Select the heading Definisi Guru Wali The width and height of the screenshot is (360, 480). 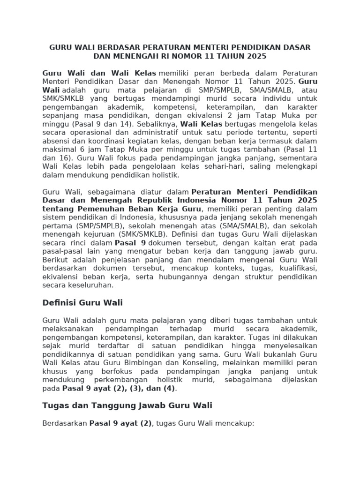[82, 303]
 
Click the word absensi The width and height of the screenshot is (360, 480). [54, 141]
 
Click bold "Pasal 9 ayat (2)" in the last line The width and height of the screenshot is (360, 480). [121, 423]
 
